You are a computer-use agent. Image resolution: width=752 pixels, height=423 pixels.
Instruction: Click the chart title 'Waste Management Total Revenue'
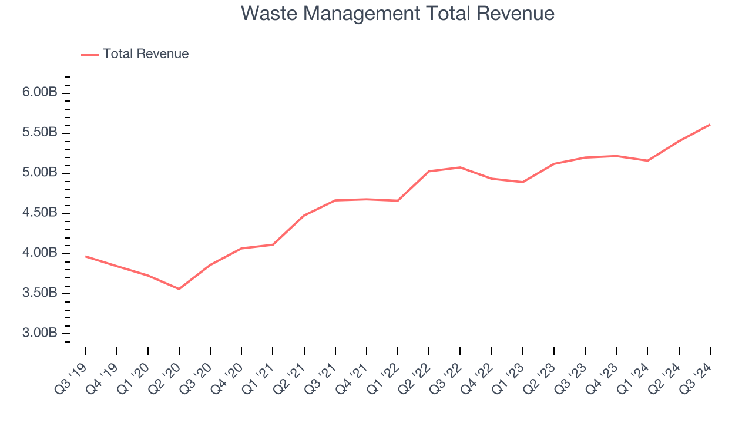coord(397,14)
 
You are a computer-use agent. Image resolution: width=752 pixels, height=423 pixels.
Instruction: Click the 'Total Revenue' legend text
coord(146,54)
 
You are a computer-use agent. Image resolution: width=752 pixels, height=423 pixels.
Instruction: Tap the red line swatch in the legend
coord(90,55)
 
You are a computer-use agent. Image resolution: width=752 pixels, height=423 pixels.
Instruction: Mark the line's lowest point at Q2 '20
coord(179,288)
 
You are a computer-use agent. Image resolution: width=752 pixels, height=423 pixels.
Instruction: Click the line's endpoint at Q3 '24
coord(710,125)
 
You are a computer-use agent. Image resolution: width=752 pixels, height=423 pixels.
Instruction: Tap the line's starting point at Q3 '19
coord(85,256)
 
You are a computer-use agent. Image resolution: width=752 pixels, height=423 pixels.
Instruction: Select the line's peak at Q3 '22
coord(460,167)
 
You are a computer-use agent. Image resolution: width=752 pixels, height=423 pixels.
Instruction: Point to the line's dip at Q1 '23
coord(522,182)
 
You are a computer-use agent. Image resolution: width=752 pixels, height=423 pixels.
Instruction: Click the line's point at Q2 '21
coord(304,216)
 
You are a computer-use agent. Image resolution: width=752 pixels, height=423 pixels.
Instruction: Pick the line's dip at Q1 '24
coord(647,160)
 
